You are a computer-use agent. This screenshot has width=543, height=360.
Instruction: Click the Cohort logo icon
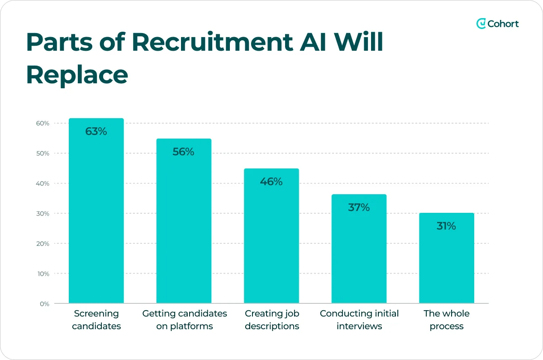point(481,24)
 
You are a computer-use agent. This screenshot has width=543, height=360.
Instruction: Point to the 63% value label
point(96,132)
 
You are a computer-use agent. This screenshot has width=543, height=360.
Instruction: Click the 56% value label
point(183,152)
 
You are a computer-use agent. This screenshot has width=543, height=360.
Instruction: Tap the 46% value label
point(271,182)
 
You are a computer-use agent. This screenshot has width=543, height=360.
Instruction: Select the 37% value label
point(359,207)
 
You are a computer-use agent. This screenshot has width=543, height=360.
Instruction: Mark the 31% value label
point(446,226)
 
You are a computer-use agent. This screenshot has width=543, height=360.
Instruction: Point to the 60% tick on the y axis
point(43,123)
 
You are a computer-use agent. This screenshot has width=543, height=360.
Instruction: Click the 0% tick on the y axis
point(44,304)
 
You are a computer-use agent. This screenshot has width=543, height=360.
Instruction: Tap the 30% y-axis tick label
point(43,213)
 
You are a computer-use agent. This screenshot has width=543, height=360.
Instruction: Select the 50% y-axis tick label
point(43,153)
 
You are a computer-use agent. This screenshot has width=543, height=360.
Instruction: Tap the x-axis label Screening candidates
point(96,320)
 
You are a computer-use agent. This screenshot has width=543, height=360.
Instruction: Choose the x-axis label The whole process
point(447,320)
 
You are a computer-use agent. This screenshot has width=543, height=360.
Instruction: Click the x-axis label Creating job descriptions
point(272,320)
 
